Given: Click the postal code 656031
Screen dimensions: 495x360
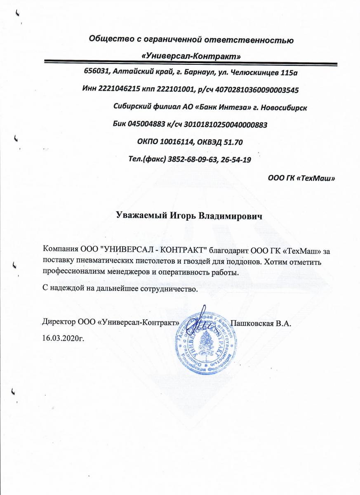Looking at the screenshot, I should [96, 71].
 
